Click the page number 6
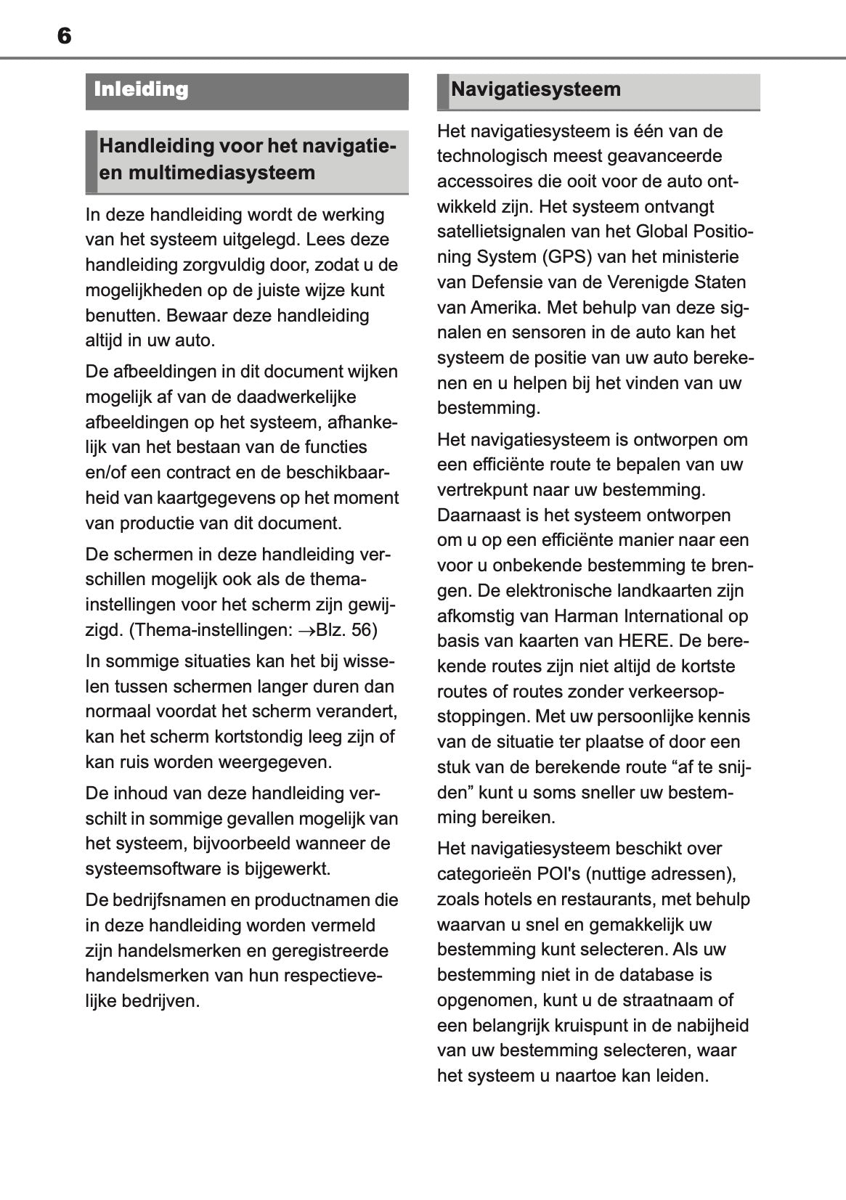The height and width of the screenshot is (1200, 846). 64,36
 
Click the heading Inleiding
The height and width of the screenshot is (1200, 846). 141,90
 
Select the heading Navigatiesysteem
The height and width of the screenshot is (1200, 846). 535,90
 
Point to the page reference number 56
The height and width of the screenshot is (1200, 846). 363,630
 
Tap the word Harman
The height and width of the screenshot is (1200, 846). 585,616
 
